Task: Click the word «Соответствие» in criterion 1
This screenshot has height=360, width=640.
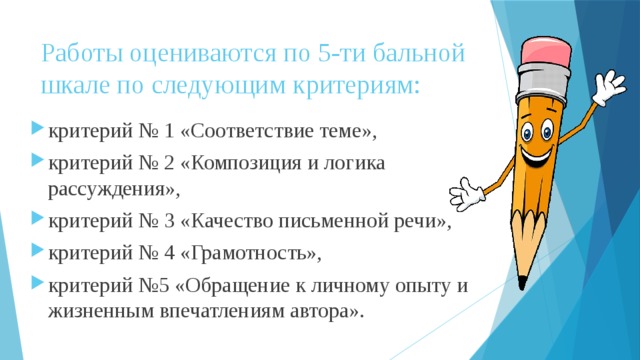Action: (244, 132)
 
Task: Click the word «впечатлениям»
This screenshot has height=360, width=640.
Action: (206, 311)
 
